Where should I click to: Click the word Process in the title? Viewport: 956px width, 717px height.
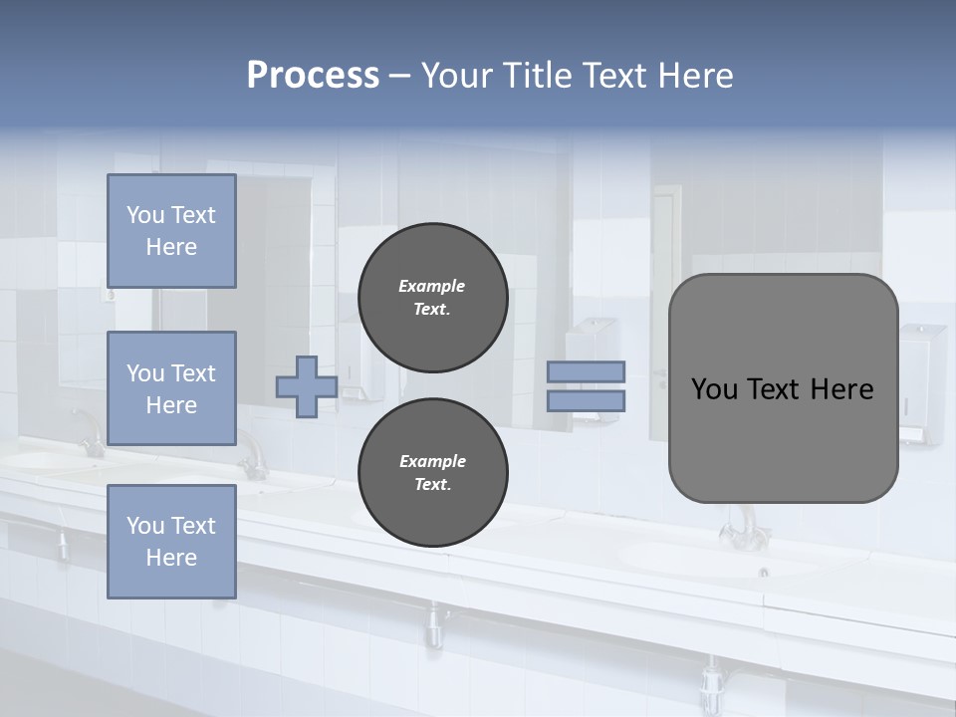coord(313,76)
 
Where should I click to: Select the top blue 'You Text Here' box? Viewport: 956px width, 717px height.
coord(171,231)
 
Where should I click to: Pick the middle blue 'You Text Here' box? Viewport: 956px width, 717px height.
coord(171,388)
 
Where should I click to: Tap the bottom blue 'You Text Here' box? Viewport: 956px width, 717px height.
coord(171,541)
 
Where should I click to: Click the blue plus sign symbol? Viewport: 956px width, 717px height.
coord(307,386)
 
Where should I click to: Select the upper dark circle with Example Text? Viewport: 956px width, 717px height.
coord(432,298)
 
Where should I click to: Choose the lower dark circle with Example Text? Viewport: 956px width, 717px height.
coord(432,473)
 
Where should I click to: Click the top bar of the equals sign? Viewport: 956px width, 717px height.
coord(586,371)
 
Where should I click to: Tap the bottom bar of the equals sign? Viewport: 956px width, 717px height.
coord(586,401)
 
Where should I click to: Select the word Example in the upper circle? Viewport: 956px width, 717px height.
coord(432,286)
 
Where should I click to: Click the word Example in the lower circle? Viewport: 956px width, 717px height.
coord(432,461)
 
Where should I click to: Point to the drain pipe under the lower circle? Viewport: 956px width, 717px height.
coord(433,622)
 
